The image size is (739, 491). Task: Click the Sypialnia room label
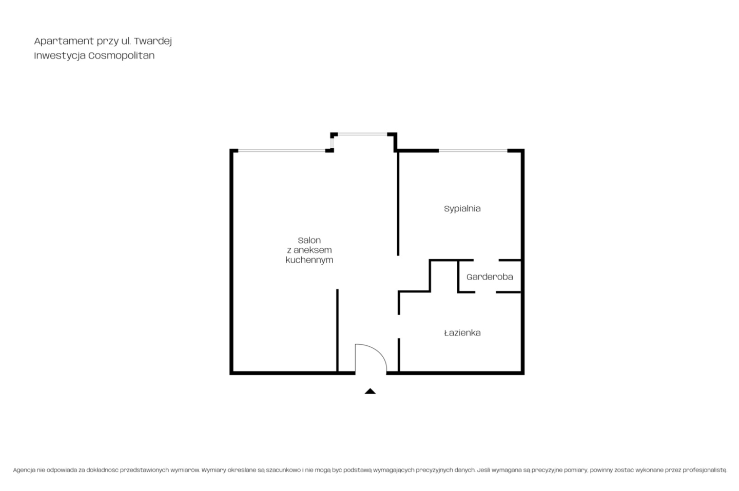click(462, 209)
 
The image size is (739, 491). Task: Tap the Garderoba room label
click(490, 277)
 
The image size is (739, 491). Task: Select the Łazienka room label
click(462, 333)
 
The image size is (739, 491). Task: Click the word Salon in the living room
click(309, 241)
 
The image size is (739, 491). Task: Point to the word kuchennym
click(309, 260)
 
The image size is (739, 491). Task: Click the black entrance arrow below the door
click(370, 391)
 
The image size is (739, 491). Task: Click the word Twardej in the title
click(153, 41)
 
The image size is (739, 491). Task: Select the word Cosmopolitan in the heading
click(122, 56)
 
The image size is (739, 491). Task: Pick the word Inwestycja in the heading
click(60, 56)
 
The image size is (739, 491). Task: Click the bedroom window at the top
click(473, 151)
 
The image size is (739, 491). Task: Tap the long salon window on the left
click(281, 151)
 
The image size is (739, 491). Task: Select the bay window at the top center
click(362, 134)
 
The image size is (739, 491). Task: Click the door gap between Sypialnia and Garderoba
click(486, 260)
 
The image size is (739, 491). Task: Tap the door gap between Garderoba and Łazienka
click(485, 292)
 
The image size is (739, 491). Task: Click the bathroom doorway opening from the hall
click(399, 326)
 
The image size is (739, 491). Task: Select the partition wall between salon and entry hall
click(337, 330)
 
